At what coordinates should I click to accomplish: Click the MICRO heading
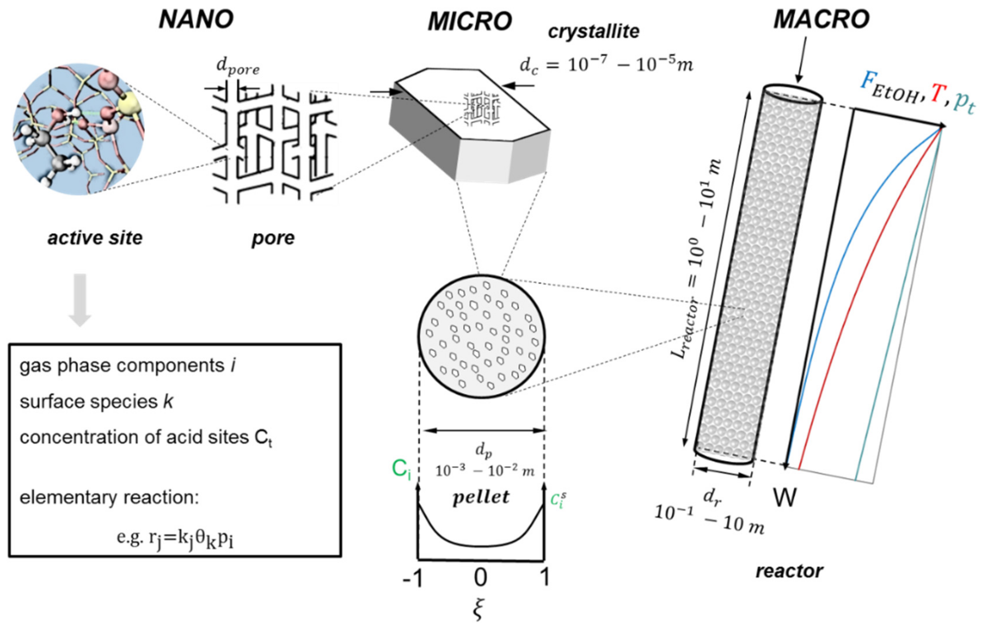pyautogui.click(x=470, y=21)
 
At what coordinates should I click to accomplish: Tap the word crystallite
pyautogui.click(x=593, y=32)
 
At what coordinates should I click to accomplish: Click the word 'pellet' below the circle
pyautogui.click(x=481, y=497)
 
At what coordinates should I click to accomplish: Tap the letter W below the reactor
pyautogui.click(x=784, y=498)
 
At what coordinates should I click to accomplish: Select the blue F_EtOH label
pyautogui.click(x=889, y=88)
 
